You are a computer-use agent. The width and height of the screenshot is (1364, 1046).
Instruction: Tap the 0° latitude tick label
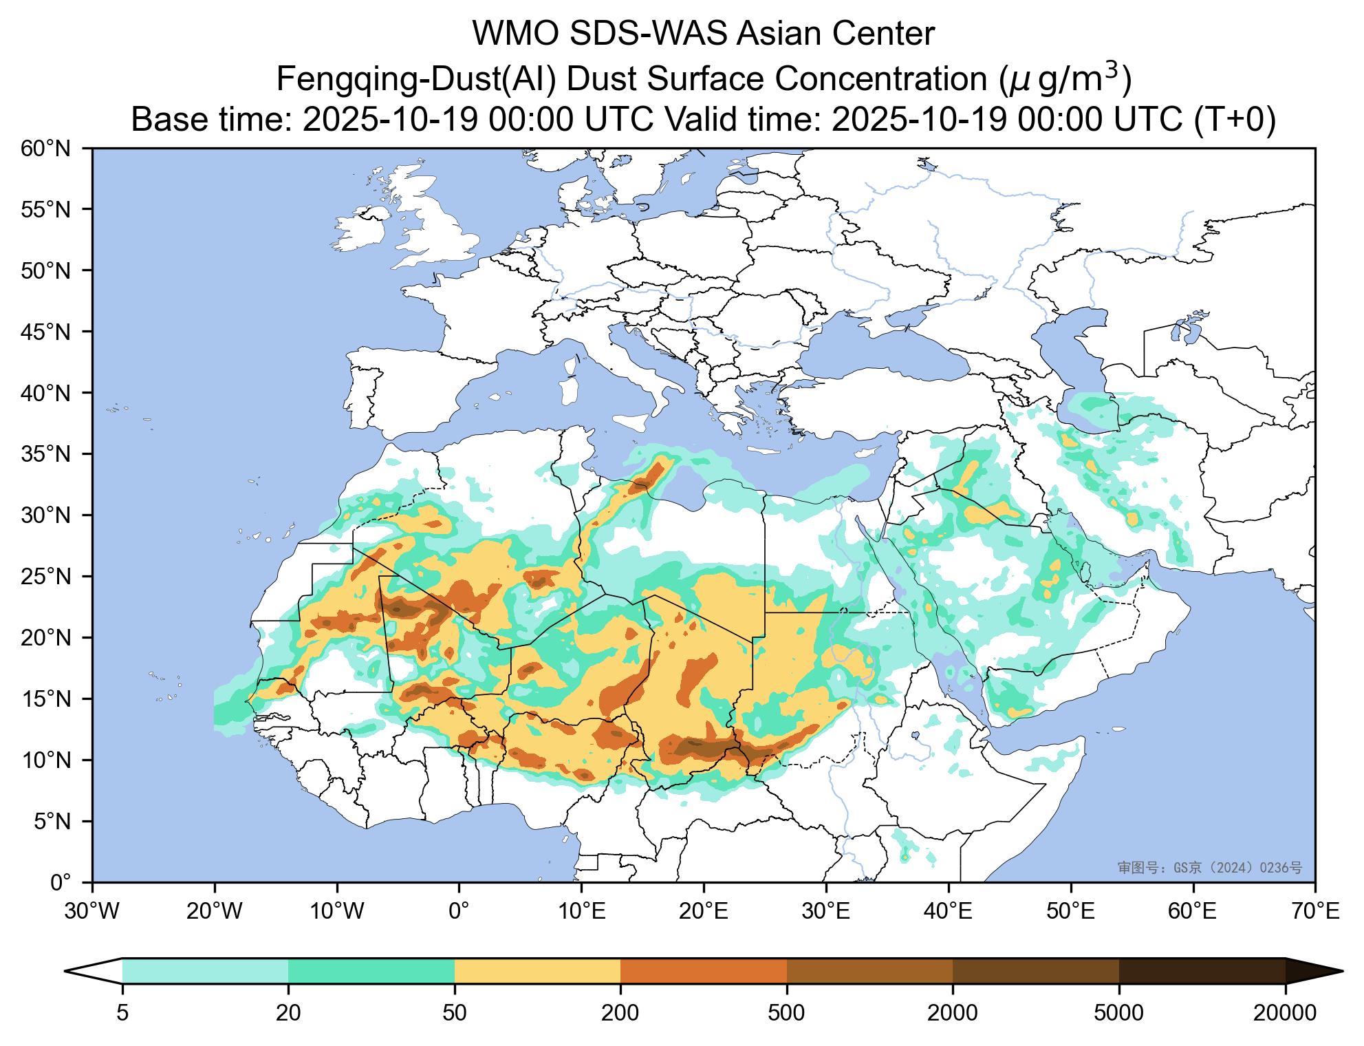click(61, 882)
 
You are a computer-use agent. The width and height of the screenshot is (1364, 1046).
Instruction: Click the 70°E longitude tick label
click(1314, 912)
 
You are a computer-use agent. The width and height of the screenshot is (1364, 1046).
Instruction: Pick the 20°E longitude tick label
click(703, 912)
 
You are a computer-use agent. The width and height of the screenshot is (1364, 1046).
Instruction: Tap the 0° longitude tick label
click(459, 912)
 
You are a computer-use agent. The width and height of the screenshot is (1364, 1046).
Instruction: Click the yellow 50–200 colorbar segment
click(537, 971)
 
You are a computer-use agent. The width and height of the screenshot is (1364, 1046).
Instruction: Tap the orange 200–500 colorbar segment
click(703, 971)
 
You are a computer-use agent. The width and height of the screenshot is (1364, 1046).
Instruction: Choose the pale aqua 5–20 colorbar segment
click(205, 971)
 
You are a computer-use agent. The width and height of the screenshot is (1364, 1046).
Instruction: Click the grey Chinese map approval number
click(1209, 868)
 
